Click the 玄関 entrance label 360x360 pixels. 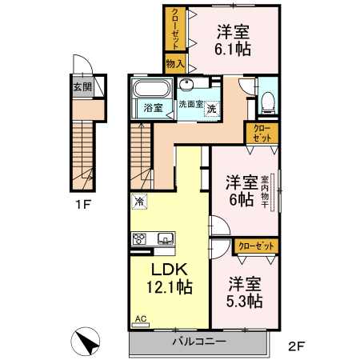click(82, 88)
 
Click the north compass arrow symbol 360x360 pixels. click(86, 342)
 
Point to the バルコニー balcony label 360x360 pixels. click(199, 342)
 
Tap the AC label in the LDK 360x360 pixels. click(141, 318)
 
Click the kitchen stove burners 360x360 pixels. click(140, 238)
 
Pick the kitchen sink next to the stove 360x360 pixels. click(165, 238)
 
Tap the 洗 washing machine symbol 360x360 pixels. click(212, 109)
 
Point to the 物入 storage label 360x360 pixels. click(175, 63)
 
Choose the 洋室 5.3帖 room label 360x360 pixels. click(244, 292)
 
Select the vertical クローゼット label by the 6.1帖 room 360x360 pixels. click(175, 29)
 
